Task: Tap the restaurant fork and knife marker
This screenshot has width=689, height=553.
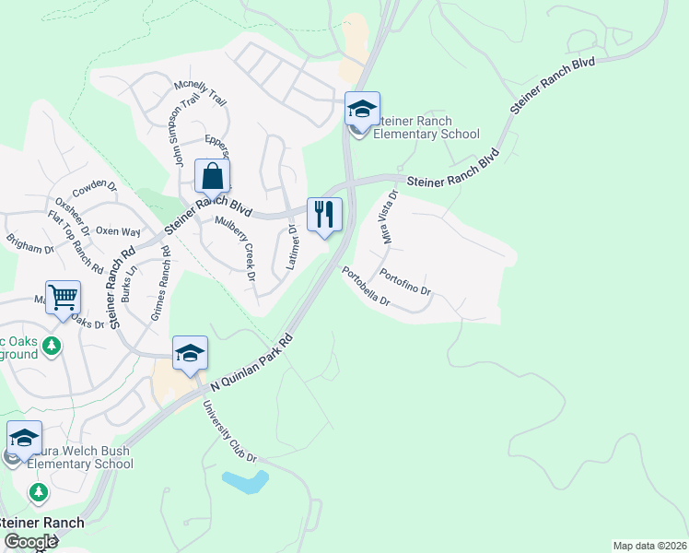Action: coord(324,215)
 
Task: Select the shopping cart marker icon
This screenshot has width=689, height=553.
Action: coord(63,298)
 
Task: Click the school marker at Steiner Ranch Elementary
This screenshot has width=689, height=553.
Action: coord(362,110)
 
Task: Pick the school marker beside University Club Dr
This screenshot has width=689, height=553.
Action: coord(190,353)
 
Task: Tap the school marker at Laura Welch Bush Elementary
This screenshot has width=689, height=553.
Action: coord(24,438)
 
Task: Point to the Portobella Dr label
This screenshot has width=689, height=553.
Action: coord(366,287)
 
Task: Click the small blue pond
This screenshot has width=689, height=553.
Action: coord(245,481)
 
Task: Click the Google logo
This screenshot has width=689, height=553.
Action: coord(30,542)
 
